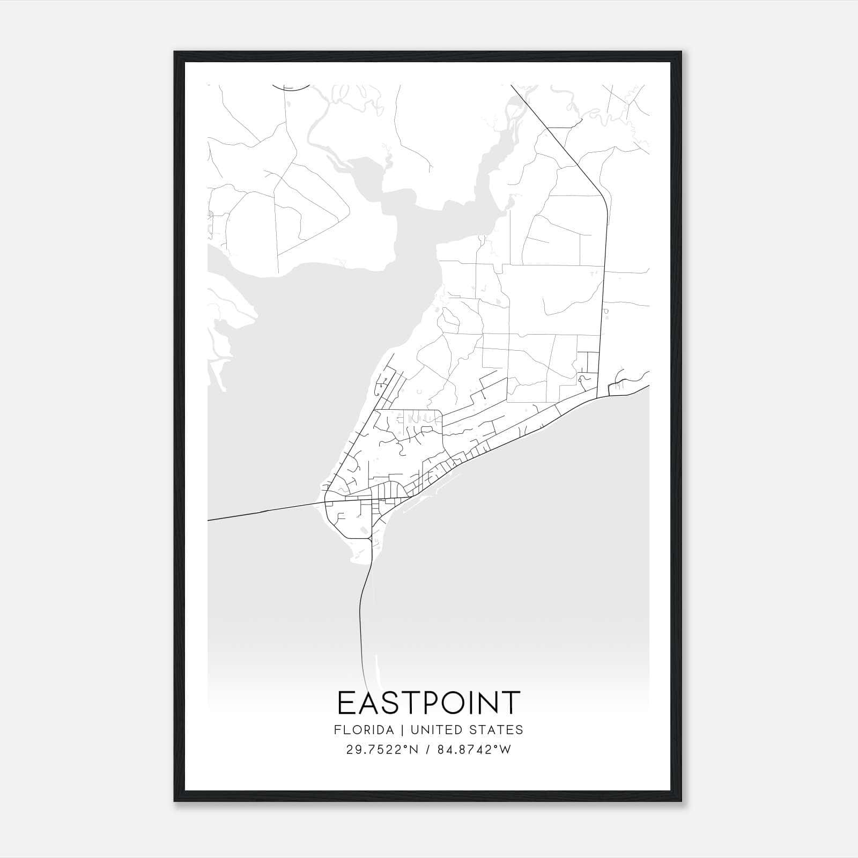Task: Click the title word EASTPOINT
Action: tap(428, 703)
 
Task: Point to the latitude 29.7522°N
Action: tap(382, 750)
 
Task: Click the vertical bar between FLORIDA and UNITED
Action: tap(397, 730)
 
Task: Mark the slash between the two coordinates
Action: tap(427, 750)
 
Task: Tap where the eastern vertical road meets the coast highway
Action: tap(597, 398)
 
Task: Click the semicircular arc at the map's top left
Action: tap(291, 87)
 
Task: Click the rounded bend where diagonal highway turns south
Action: tap(603, 197)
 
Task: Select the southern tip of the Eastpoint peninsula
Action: tap(360, 560)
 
